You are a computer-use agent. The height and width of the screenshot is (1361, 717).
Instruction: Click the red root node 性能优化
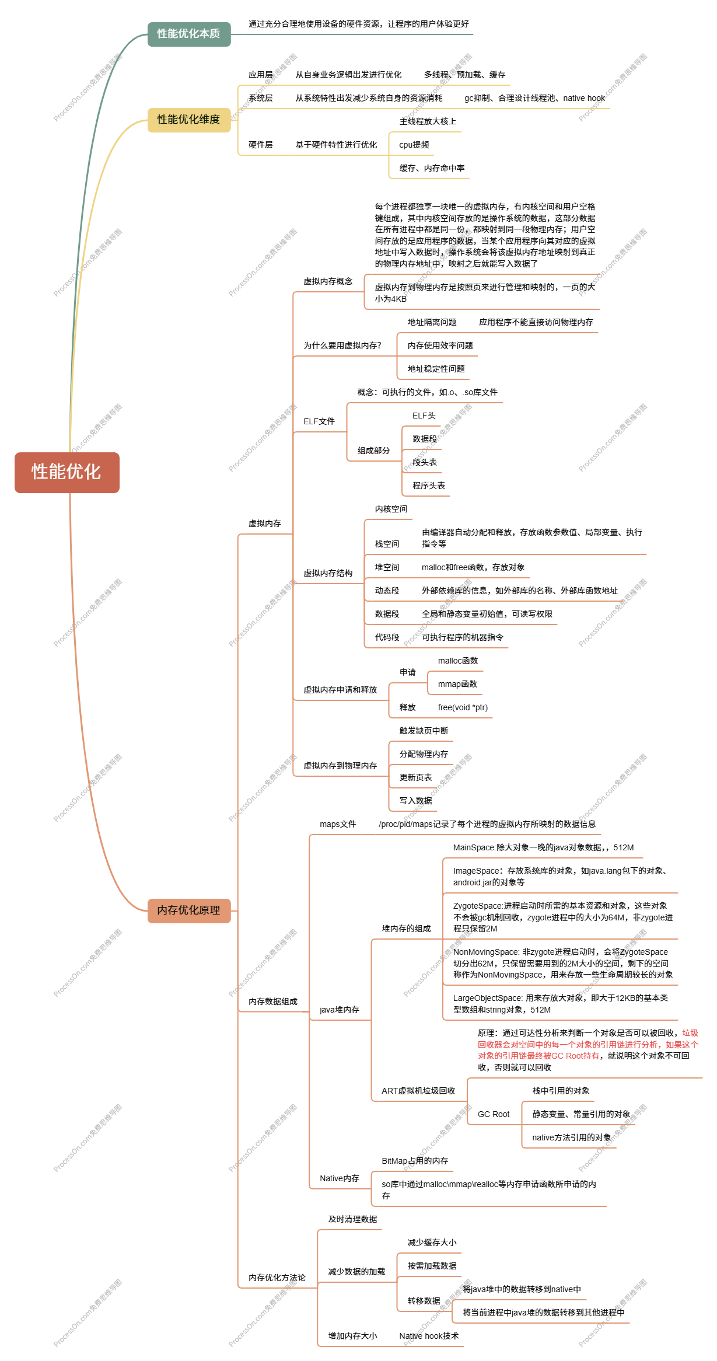pos(67,472)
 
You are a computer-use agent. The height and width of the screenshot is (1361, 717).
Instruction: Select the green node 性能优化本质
pos(188,34)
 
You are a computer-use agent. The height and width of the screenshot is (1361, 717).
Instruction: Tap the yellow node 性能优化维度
pos(188,120)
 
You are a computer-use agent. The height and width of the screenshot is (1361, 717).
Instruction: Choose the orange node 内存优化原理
pos(188,910)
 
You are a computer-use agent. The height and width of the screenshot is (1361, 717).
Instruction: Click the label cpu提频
pos(414,145)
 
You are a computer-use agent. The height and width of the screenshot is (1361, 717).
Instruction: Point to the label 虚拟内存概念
pos(327,281)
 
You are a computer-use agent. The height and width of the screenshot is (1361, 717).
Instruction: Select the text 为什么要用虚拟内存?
pos(342,346)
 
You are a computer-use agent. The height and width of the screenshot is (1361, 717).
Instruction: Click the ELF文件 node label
pos(319,421)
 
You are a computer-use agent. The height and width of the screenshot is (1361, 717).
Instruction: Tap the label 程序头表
pos(428,486)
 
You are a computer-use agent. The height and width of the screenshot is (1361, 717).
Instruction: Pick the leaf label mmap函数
pos(457,684)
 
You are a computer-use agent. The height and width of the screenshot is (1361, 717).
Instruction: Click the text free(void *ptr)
pos(463,707)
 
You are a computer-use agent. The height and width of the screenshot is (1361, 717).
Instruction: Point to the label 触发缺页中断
pos(424,731)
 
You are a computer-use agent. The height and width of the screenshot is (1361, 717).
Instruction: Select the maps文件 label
pos(337,824)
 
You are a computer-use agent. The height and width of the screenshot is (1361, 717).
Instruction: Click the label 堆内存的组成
pos(406,929)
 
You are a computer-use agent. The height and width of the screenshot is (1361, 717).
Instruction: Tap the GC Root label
pos(493,1114)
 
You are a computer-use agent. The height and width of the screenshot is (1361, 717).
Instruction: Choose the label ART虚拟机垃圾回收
pos(418,1091)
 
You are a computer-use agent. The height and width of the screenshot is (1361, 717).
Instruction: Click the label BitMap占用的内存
pos(415,1161)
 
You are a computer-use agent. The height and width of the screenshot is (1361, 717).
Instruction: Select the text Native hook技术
pos(429,1336)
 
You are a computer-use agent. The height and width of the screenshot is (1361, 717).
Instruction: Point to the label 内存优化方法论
pos(277,1278)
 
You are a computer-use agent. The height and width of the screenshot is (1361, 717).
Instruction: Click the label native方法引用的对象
pos(572,1137)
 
